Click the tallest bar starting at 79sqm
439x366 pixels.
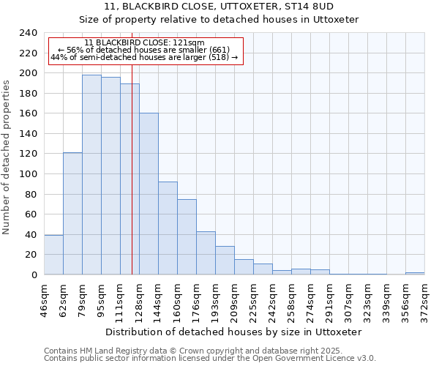91,175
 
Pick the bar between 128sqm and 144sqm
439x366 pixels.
149,194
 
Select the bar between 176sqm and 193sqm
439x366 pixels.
206,253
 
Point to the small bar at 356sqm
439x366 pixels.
415,273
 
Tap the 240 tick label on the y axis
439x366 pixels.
28,33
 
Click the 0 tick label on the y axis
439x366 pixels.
34,274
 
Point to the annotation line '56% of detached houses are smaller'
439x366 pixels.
144,50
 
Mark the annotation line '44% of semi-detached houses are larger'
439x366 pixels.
144,57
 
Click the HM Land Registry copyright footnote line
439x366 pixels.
192,351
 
